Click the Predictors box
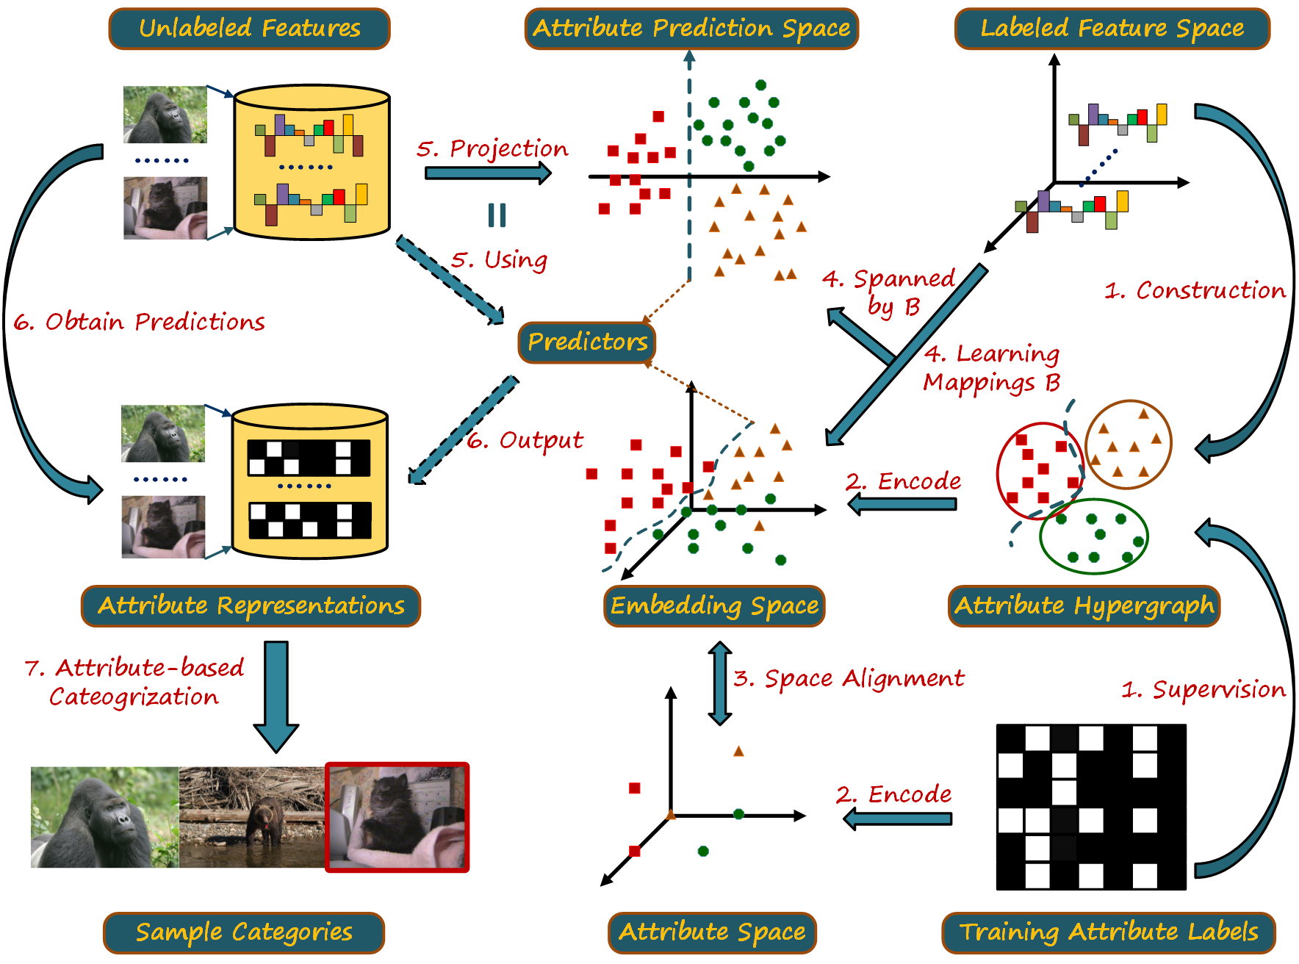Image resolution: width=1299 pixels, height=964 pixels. (587, 342)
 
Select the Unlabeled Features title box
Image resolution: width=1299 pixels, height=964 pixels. (250, 29)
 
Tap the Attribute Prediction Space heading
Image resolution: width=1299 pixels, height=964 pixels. (691, 29)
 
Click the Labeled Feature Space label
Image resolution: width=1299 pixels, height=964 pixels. (1112, 29)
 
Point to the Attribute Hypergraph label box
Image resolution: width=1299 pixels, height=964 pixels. (1084, 606)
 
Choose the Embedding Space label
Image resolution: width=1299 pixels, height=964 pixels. (714, 606)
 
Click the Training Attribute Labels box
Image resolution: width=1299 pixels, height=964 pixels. (1109, 932)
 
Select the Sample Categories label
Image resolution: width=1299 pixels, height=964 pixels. (244, 932)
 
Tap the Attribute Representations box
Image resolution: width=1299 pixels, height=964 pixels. (251, 606)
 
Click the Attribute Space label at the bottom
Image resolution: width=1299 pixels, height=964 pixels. (712, 932)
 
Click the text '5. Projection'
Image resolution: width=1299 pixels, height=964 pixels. (492, 149)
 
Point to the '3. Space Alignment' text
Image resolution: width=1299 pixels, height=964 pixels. (849, 678)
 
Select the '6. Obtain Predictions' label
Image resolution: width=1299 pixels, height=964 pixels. (140, 322)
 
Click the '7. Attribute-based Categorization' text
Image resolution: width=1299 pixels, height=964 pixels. (134, 682)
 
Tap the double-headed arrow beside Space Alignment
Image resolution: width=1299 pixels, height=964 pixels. (719, 683)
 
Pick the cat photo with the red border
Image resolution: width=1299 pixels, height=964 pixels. (397, 817)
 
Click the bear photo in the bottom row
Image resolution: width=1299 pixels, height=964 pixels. (252, 817)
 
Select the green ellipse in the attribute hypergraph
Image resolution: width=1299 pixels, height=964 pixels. (1093, 536)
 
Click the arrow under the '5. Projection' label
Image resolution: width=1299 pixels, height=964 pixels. (488, 173)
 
